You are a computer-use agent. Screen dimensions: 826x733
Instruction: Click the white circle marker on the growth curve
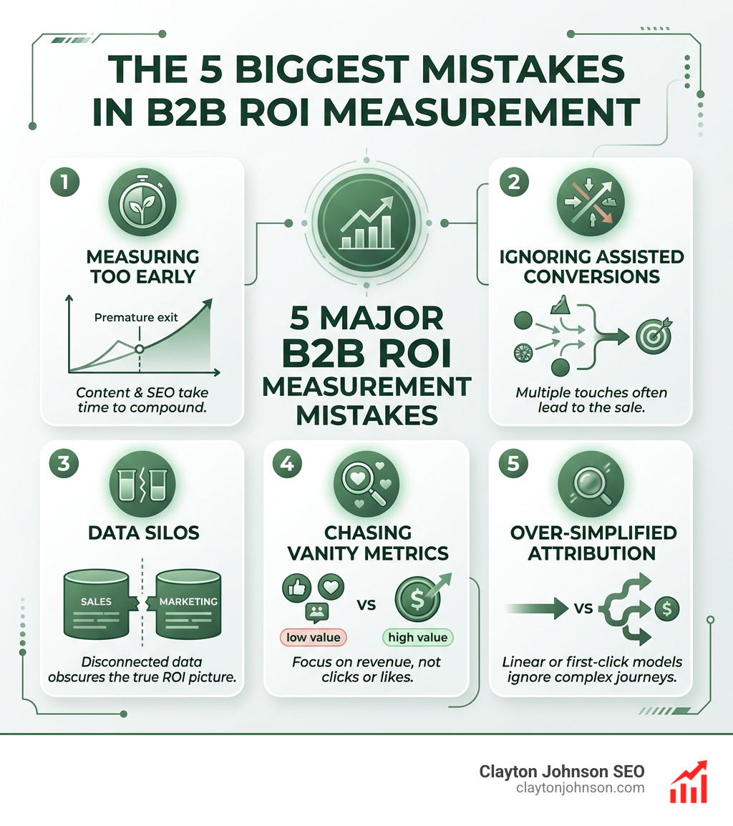(x=140, y=349)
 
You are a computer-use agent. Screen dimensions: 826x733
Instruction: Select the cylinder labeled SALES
(x=96, y=601)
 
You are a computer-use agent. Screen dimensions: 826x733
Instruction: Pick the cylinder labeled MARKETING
(x=188, y=601)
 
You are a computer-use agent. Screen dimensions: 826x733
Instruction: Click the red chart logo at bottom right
(x=688, y=782)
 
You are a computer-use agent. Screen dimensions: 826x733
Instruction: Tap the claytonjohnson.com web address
(x=580, y=788)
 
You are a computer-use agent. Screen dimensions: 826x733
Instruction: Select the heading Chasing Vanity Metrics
(x=366, y=543)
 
